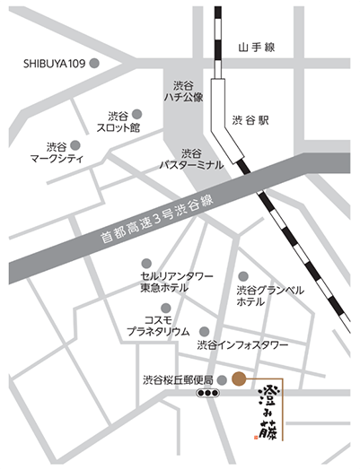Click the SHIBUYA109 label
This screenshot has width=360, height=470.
(54, 64)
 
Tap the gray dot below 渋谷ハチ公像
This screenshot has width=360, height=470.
(186, 114)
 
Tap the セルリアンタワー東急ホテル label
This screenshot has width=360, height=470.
(177, 283)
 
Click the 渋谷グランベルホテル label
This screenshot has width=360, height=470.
(269, 297)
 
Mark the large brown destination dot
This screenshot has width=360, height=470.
(238, 378)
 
